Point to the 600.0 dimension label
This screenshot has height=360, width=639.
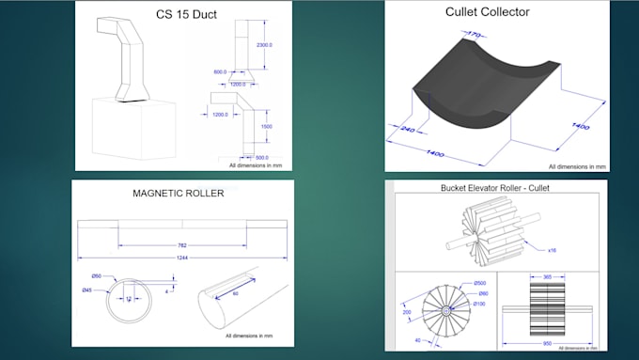[x=220, y=72]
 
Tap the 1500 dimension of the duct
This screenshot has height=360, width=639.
[x=267, y=126]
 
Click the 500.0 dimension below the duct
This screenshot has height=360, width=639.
[x=261, y=157]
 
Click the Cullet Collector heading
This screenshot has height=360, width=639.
[x=487, y=12]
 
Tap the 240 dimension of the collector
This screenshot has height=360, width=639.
[x=406, y=130]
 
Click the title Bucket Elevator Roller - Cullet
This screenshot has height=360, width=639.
[x=494, y=187]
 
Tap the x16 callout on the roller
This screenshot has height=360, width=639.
[x=553, y=250]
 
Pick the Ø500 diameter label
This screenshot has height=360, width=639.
[x=479, y=283]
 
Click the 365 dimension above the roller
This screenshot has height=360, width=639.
[x=547, y=277]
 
